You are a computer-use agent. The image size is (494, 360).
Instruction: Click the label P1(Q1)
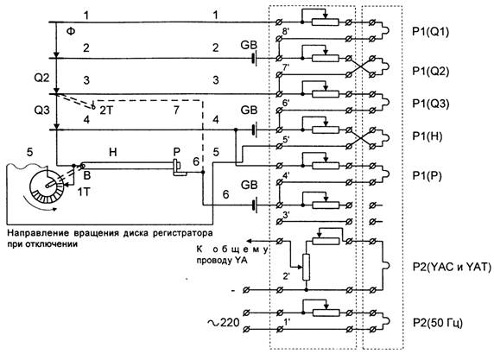(431, 31)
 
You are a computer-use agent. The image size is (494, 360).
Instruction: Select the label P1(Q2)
(431, 71)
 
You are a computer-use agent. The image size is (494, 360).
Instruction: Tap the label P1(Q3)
(431, 104)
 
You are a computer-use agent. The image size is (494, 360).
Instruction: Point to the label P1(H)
(427, 136)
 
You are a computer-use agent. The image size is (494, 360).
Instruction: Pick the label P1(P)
(427, 176)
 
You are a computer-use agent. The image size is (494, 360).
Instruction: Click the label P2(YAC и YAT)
(452, 267)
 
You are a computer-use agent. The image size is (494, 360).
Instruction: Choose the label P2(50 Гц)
(438, 323)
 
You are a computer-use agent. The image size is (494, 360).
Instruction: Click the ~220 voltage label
(224, 322)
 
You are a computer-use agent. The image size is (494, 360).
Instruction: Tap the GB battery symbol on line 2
(255, 58)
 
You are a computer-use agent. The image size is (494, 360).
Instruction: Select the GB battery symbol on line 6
(255, 205)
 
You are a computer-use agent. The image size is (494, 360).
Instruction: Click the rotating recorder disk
(47, 186)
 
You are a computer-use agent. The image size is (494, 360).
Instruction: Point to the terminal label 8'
(286, 32)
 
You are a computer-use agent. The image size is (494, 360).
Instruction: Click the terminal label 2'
(287, 276)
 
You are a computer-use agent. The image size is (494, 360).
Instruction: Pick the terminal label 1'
(287, 322)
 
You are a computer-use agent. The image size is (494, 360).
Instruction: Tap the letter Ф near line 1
(71, 31)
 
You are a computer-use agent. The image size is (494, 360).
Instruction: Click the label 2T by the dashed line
(106, 111)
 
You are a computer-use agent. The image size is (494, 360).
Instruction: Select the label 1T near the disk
(84, 192)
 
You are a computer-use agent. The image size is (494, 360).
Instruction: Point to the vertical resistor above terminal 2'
(306, 267)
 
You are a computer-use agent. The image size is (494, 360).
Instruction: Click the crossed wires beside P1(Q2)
(360, 66)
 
